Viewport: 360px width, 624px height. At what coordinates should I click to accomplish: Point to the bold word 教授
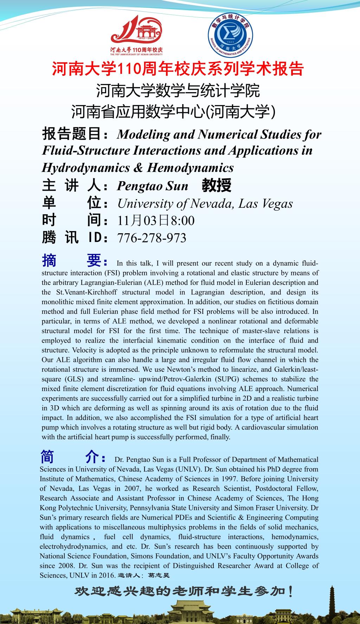pyautogui.click(x=216, y=186)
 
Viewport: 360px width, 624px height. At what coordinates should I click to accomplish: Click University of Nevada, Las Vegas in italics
pyautogui.click(x=205, y=204)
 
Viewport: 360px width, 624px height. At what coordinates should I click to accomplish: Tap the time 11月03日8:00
pyautogui.click(x=156, y=221)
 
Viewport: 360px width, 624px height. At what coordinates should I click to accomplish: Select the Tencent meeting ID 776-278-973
pyautogui.click(x=152, y=238)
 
